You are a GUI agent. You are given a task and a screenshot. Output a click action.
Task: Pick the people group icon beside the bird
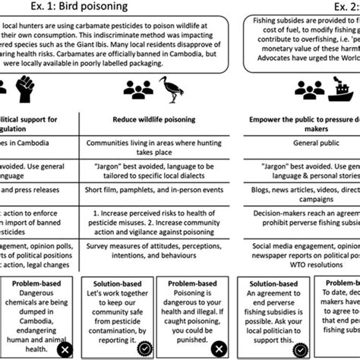coord(134,90)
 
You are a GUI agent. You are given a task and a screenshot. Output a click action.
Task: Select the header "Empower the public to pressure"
coord(301,119)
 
